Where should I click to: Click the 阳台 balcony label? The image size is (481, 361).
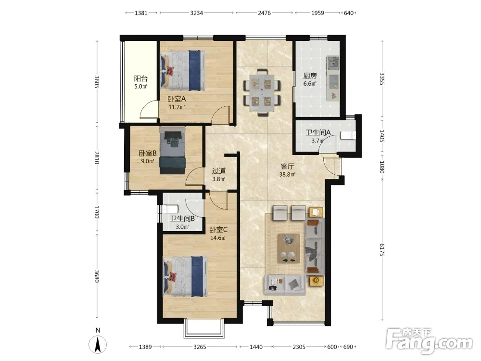(141, 78)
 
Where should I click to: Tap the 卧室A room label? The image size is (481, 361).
(177, 99)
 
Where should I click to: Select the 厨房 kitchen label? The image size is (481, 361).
(310, 76)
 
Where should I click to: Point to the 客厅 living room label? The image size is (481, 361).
(288, 167)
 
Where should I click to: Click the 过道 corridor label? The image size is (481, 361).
(219, 171)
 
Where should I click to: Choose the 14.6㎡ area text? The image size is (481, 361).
(218, 238)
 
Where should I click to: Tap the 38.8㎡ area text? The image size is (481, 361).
(288, 175)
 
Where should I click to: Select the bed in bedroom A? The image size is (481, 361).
(182, 71)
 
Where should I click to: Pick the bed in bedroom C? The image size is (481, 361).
(186, 277)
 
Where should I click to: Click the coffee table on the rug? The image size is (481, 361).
(289, 248)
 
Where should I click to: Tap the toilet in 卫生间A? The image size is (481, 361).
(348, 135)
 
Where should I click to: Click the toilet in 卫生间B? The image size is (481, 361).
(170, 209)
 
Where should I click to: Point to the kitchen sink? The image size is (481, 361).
(333, 63)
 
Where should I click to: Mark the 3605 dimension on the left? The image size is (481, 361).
(97, 82)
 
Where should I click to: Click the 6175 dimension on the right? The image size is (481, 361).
(382, 249)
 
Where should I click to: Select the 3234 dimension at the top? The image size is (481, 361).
(196, 13)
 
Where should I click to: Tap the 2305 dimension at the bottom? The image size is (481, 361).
(299, 347)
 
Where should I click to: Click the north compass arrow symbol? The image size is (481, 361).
(98, 345)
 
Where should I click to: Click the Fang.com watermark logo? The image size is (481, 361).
(429, 340)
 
